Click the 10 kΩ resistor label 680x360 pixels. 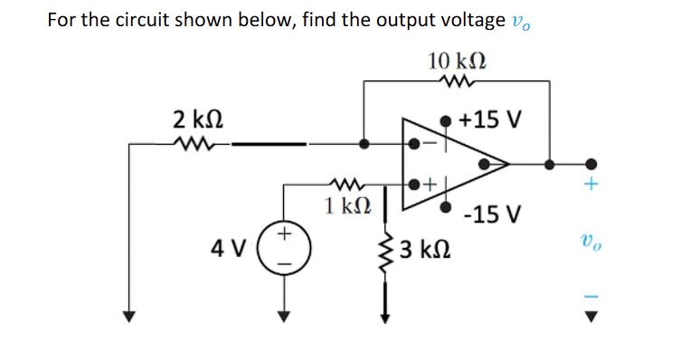click(458, 61)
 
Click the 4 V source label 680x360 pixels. click(226, 246)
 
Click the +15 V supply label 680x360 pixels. click(489, 119)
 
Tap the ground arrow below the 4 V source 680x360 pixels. click(284, 316)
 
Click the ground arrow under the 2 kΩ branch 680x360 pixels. click(130, 316)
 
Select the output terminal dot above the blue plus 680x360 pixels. click(591, 164)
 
